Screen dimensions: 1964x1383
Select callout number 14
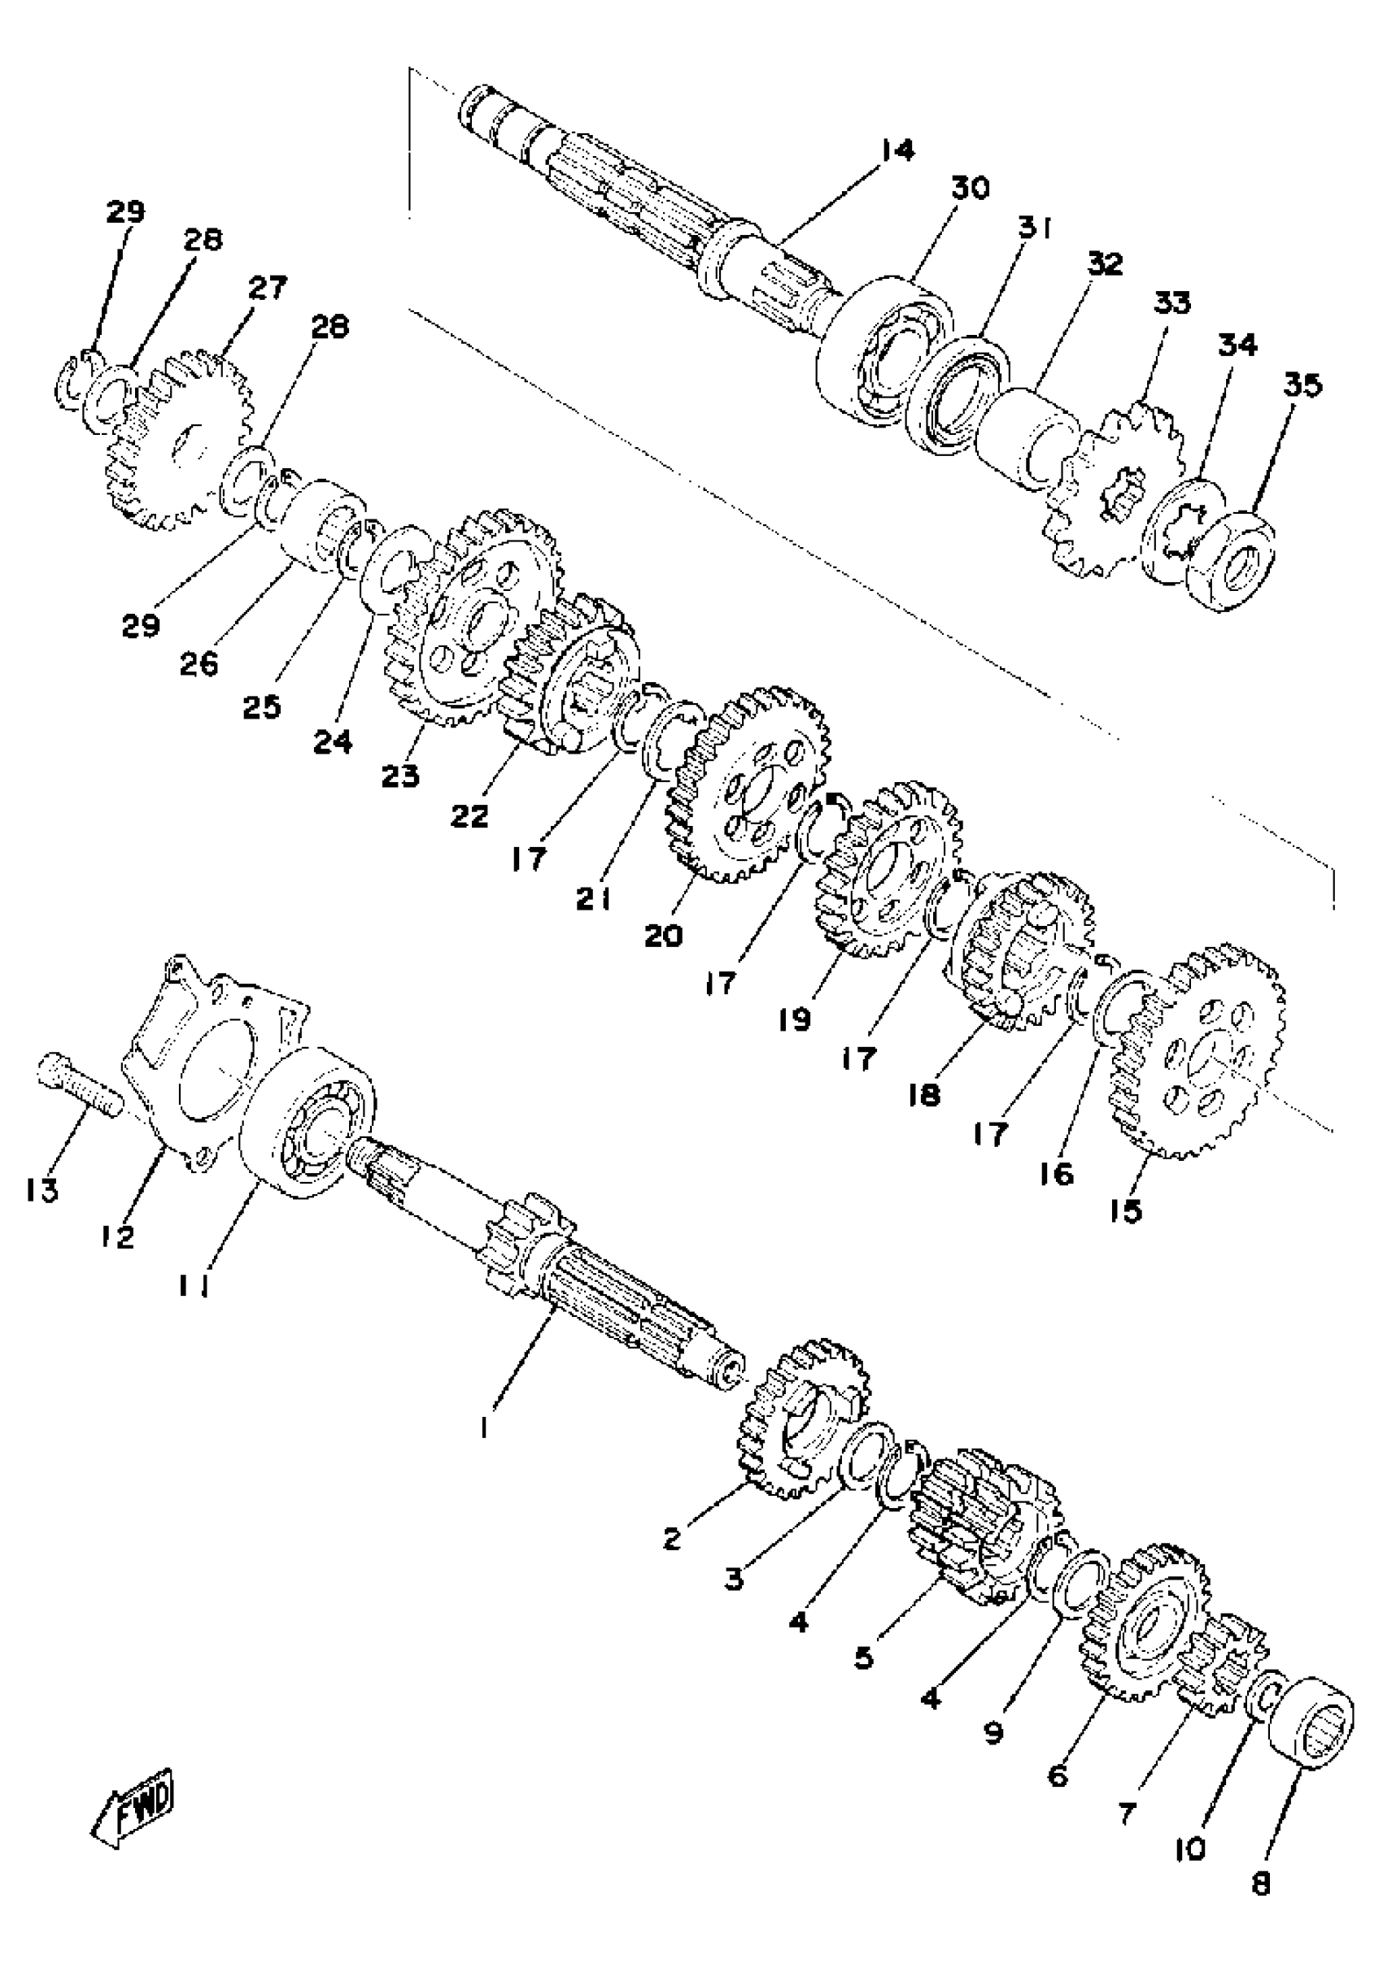tap(896, 150)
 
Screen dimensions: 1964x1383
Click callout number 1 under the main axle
tap(484, 1426)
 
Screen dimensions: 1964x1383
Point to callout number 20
tap(664, 935)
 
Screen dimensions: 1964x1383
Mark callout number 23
tap(400, 776)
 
